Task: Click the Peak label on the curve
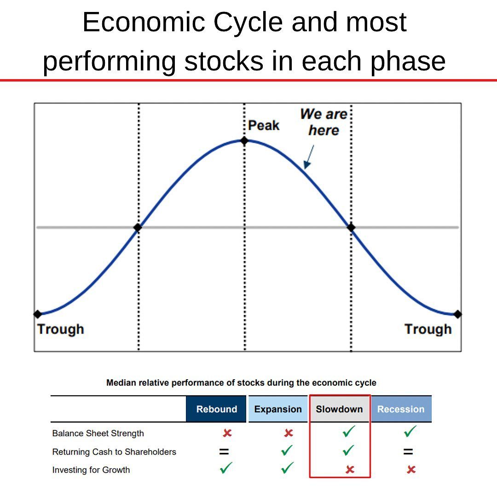tap(264, 125)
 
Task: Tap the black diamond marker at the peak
tap(244, 140)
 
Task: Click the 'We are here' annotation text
tap(324, 122)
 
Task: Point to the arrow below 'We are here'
tap(309, 157)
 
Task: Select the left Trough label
tap(61, 329)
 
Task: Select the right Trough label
tap(428, 329)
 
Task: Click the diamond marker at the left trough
tap(38, 314)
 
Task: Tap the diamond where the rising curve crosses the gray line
tap(137, 227)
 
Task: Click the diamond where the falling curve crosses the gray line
tap(351, 227)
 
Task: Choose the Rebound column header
tap(216, 409)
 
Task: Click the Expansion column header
tap(278, 409)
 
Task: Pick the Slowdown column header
tap(339, 409)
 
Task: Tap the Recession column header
tap(401, 409)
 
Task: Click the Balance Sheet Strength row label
tap(98, 433)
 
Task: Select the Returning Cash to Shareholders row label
tap(114, 452)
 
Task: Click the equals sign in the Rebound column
tap(224, 452)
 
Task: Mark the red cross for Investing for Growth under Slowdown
tap(350, 469)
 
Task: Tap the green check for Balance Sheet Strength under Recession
tap(410, 432)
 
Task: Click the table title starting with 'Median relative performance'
tap(241, 383)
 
